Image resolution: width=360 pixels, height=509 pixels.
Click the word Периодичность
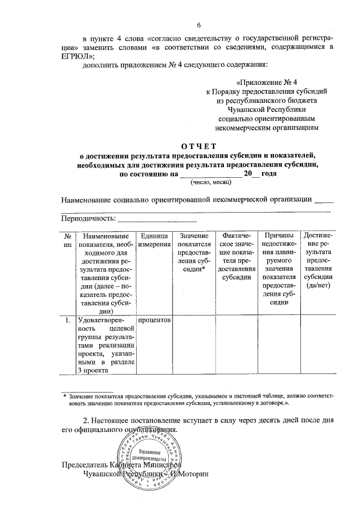click(x=87, y=218)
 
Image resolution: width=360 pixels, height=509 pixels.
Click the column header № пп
click(x=67, y=240)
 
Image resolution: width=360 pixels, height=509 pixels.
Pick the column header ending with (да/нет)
click(x=318, y=260)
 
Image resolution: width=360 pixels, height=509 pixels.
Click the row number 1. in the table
click(x=67, y=321)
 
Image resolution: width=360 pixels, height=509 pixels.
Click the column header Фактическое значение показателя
click(x=236, y=256)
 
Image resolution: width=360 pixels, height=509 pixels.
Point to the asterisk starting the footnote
click(x=64, y=397)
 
